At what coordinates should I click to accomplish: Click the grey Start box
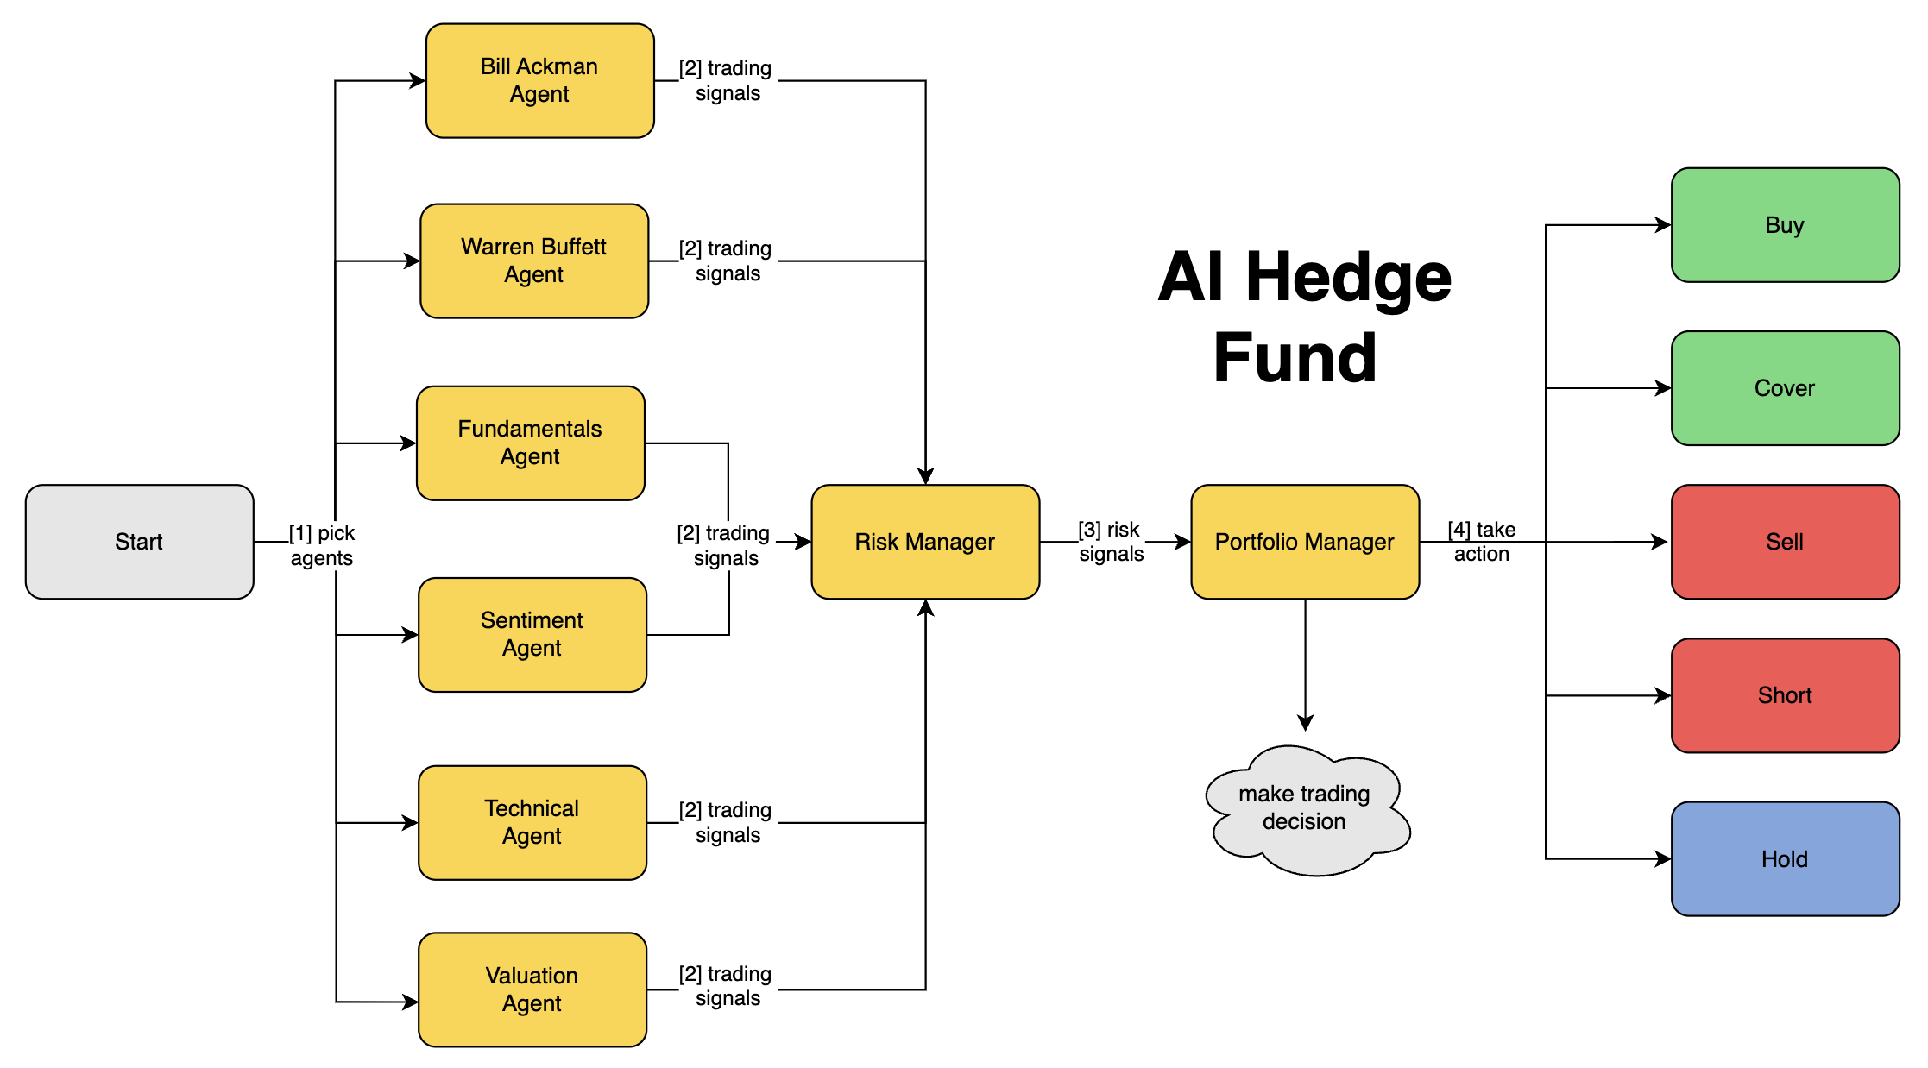point(139,542)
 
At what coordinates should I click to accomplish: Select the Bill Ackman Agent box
point(539,80)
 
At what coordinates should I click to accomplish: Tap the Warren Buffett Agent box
point(533,261)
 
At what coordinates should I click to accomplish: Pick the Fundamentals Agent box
point(530,443)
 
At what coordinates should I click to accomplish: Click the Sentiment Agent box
point(532,634)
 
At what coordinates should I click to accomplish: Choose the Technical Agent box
point(532,822)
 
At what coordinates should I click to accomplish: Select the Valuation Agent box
point(532,989)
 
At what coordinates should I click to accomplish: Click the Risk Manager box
point(924,542)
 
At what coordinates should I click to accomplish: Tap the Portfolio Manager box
point(1304,542)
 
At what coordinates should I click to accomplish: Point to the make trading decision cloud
point(1304,808)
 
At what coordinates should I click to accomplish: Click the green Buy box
point(1784,225)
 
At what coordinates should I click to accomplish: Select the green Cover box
point(1784,388)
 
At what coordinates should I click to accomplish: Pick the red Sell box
point(1784,542)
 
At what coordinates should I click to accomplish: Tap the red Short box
point(1784,695)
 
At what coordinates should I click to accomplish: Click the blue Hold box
point(1784,859)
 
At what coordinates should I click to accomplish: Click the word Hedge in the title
point(1347,278)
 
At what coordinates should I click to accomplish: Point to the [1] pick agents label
point(321,545)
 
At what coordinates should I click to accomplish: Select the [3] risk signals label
point(1111,542)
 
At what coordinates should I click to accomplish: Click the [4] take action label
point(1481,542)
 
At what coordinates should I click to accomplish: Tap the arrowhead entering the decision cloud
point(1305,723)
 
